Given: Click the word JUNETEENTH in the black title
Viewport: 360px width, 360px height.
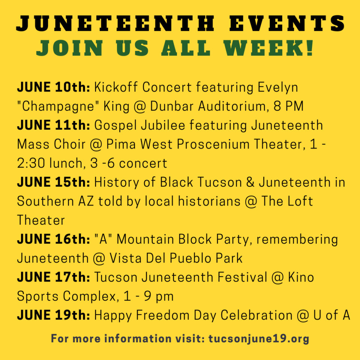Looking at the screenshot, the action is pos(115,23).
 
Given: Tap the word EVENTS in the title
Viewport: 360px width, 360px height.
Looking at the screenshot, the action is pos(287,23).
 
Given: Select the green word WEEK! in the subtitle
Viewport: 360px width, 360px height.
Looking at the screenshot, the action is pos(268,48).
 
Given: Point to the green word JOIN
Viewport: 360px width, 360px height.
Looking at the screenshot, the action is pos(70,48).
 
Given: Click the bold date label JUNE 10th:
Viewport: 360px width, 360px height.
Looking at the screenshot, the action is pos(54,87).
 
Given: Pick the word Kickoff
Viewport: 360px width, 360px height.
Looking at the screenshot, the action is pos(116,87).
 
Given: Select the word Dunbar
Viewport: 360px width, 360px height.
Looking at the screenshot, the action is pos(172,106).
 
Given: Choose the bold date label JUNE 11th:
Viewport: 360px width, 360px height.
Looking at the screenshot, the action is pos(54,125).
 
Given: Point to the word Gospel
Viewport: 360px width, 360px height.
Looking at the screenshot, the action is pos(115,126).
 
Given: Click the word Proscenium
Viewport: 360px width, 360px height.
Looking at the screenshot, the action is pos(213,144).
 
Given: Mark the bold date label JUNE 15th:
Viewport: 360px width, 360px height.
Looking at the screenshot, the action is pos(54,182).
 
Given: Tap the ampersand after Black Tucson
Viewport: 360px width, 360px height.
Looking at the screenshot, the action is pos(250,182).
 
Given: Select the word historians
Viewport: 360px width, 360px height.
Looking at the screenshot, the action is pos(209,201).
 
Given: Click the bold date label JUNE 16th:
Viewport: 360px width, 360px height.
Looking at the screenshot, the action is pos(54,239).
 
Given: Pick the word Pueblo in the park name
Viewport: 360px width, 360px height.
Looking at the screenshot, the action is pos(187,258).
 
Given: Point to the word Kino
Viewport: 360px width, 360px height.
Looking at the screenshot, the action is pos(301,277).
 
